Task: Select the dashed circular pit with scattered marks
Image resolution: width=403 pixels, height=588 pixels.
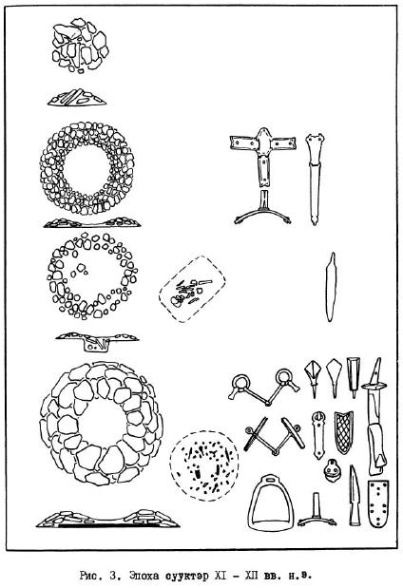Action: point(171,465)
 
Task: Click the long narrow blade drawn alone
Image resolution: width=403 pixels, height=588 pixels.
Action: point(331,287)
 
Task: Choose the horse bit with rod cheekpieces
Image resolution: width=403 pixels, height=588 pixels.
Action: point(274,435)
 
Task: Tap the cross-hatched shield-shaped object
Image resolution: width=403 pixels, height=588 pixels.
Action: point(344,432)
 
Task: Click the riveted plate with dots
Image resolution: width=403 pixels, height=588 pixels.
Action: point(378,503)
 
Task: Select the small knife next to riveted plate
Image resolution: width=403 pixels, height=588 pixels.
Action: point(355,495)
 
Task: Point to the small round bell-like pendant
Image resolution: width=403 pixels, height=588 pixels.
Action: point(333,469)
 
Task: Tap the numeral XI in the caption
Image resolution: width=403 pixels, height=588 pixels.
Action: point(221,575)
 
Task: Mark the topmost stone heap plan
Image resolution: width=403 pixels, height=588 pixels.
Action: point(80,45)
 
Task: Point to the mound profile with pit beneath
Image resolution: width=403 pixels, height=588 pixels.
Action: point(97,340)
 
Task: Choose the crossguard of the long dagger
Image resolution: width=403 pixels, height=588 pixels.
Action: point(374,386)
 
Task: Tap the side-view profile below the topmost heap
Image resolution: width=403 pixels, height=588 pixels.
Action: point(77,98)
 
